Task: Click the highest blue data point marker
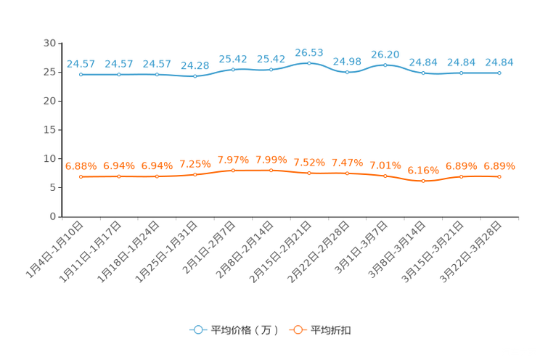[x=309, y=63]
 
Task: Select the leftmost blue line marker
[x=81, y=74]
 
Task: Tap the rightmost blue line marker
[x=499, y=73]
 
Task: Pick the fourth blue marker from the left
[x=195, y=75]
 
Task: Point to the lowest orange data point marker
[x=423, y=181]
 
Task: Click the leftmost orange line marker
[x=81, y=176]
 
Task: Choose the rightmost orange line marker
[x=499, y=176]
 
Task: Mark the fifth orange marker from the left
[x=233, y=170]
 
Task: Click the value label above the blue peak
[x=309, y=52]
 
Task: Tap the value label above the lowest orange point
[x=423, y=170]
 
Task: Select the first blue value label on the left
[x=80, y=63]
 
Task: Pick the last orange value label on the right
[x=499, y=165]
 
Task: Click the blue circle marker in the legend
[x=197, y=330]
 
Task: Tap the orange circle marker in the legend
[x=297, y=330]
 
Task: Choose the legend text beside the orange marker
[x=332, y=330]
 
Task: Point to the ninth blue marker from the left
[x=385, y=65]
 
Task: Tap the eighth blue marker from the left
[x=348, y=73]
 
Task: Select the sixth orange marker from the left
[x=271, y=170]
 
